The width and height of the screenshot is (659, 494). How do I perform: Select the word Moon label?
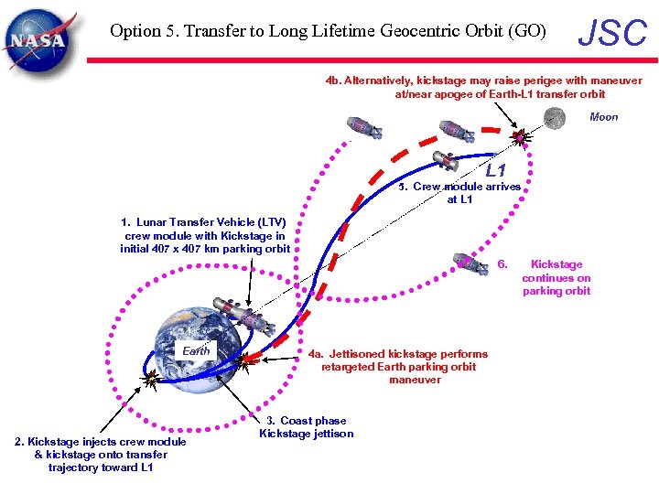(604, 117)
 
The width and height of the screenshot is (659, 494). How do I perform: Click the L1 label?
(495, 171)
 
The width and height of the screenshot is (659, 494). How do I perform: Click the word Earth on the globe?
(196, 350)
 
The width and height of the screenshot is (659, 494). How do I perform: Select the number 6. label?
(502, 264)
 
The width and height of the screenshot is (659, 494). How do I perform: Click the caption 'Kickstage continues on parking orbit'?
(556, 277)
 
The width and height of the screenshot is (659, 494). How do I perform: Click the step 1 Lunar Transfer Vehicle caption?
(205, 235)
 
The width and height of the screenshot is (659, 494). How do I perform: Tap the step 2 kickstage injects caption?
(101, 455)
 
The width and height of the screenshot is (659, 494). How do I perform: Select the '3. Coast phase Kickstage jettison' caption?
(306, 427)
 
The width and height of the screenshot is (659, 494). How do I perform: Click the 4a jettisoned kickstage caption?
(397, 367)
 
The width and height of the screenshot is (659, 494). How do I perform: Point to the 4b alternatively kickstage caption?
(484, 87)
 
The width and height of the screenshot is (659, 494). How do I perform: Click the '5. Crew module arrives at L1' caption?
(466, 192)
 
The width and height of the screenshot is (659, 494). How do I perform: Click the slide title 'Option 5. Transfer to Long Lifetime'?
(328, 31)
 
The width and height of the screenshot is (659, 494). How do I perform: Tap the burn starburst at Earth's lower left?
(149, 376)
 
